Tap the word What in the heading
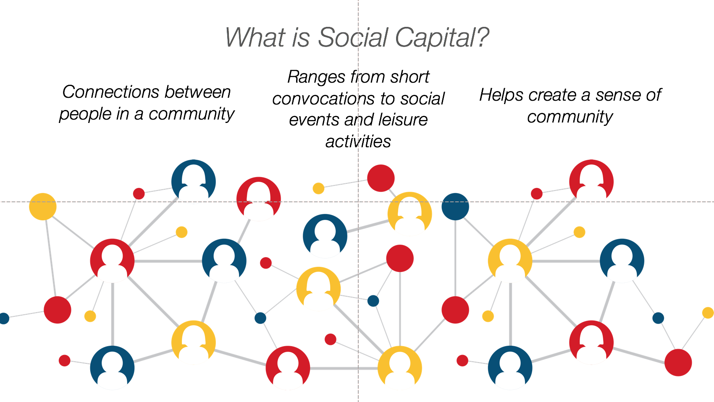(255, 38)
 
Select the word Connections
(110, 92)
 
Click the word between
(198, 92)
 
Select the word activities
(358, 141)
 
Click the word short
(410, 77)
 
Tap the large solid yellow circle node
(43, 206)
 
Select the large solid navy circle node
(455, 206)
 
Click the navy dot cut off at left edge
(4, 318)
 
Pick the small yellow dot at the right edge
(708, 313)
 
